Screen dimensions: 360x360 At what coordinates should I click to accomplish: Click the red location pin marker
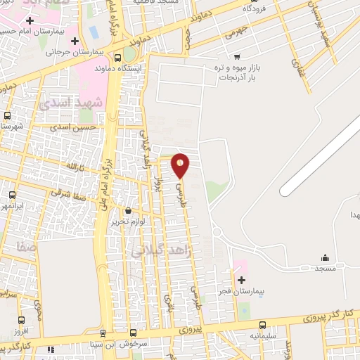181,165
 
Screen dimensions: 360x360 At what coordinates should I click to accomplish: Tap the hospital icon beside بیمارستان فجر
241,279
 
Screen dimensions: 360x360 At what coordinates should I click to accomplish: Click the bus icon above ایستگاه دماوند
117,58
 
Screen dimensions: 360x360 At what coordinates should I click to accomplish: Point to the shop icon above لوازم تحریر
128,210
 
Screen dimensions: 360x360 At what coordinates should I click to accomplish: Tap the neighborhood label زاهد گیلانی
155,249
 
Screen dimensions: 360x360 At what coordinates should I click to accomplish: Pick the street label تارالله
74,166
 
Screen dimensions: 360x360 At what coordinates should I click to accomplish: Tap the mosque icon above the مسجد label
324,257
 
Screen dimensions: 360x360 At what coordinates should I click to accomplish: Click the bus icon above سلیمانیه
262,326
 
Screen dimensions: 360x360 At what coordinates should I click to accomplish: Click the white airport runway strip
319,157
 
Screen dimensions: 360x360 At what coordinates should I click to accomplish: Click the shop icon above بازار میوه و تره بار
238,56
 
